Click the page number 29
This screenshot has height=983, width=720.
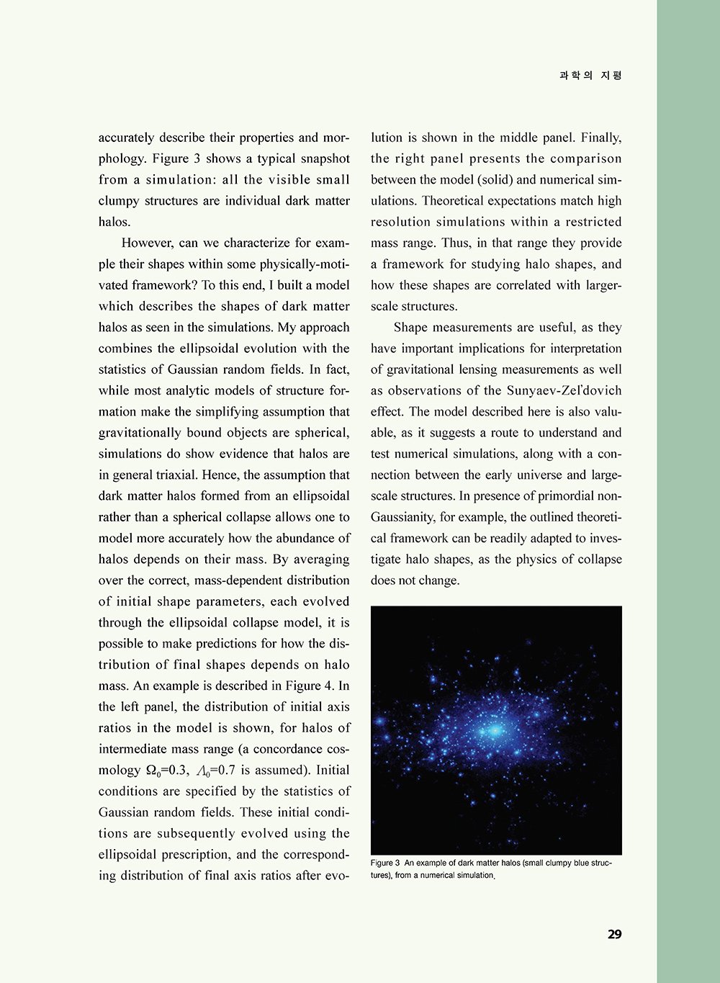coord(614,935)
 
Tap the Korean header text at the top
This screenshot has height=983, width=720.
coord(590,76)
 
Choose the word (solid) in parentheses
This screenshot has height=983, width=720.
coord(495,180)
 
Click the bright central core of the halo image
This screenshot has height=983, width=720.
coord(495,730)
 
